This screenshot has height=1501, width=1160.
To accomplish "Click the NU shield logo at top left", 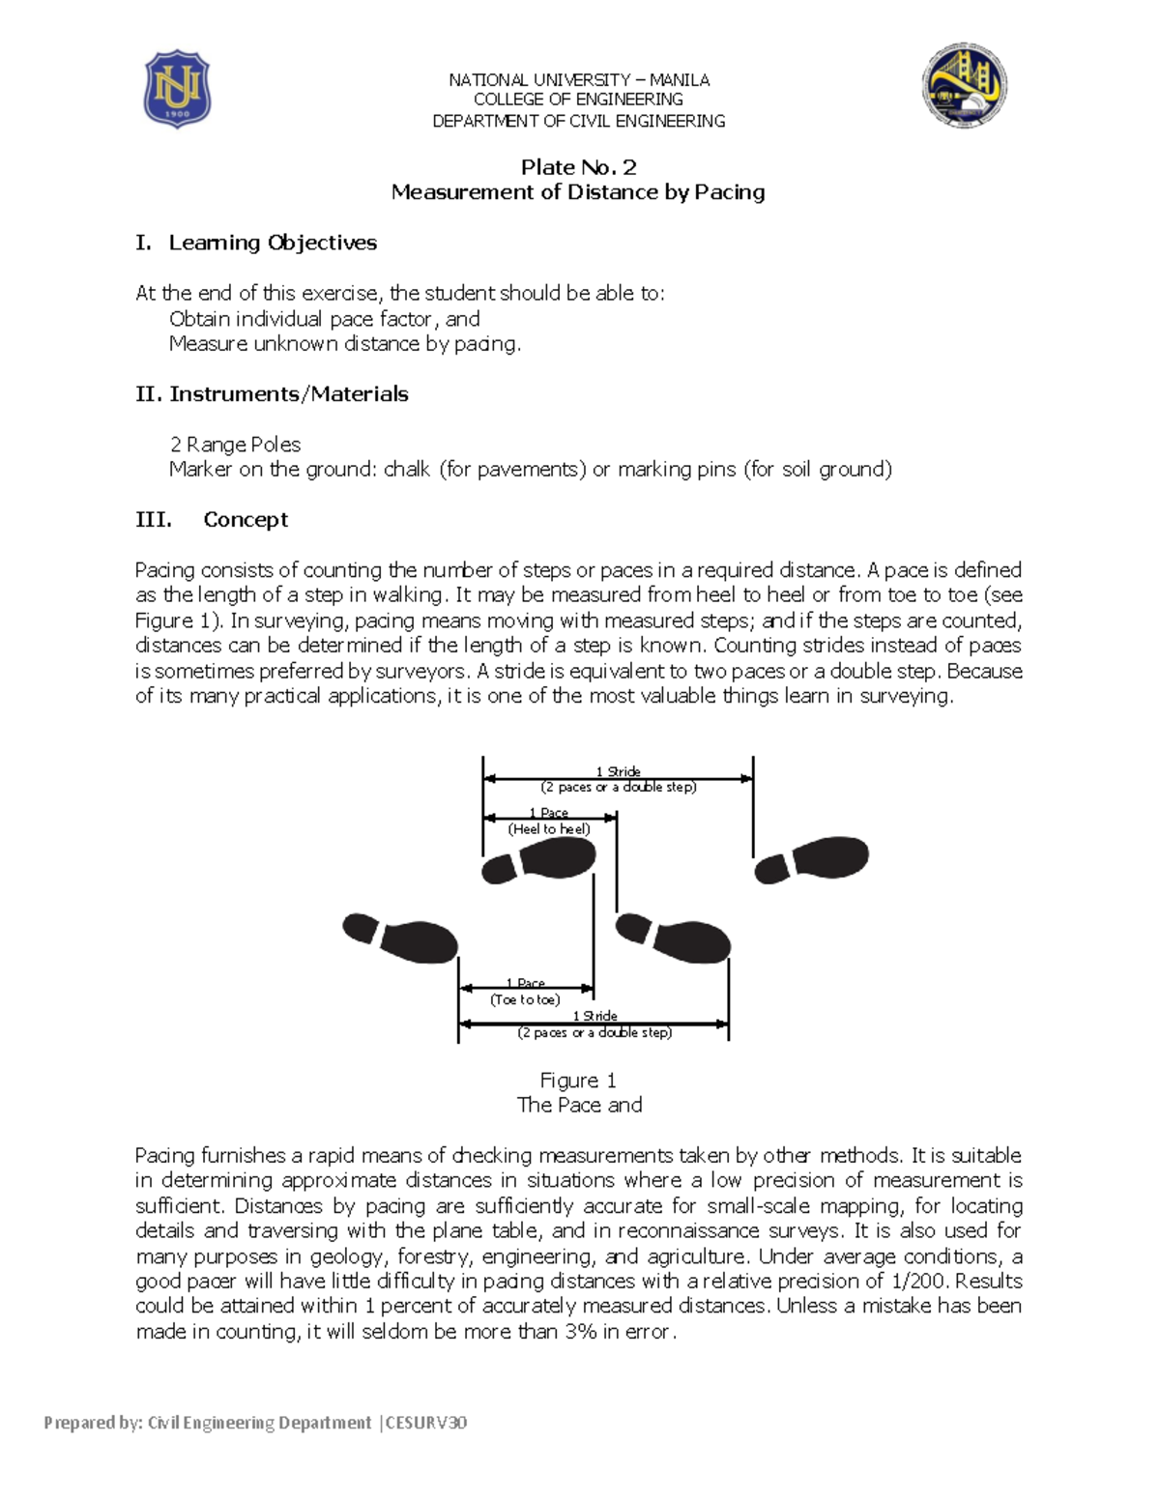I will (x=177, y=89).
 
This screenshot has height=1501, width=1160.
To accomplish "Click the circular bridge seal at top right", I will (x=964, y=85).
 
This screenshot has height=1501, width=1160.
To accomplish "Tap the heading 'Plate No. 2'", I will (x=578, y=167).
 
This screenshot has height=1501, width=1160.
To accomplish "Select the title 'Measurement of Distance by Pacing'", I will (x=578, y=192).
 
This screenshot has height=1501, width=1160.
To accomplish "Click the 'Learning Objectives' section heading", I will (x=273, y=243).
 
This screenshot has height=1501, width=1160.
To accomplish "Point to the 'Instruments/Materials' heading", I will (x=288, y=394).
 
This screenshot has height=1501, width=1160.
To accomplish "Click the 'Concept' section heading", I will (x=246, y=520).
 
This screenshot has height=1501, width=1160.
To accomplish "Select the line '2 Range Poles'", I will (x=235, y=445).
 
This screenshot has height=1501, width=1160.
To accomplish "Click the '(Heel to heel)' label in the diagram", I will (x=549, y=829).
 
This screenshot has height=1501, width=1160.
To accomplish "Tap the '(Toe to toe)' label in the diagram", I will (x=525, y=999).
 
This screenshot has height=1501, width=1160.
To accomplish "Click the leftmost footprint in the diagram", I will (x=400, y=937).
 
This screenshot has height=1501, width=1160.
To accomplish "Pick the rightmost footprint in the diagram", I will (x=812, y=860).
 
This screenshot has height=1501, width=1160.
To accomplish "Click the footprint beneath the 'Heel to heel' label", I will (x=539, y=861).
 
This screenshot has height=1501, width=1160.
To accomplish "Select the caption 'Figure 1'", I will (x=578, y=1081).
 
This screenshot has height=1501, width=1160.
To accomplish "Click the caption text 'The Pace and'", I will (x=579, y=1105).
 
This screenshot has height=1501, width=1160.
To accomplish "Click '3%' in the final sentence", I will (x=580, y=1332).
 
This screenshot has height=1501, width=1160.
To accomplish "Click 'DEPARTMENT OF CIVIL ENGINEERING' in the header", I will (x=578, y=121).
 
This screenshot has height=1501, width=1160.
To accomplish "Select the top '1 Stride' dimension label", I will (x=618, y=771).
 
